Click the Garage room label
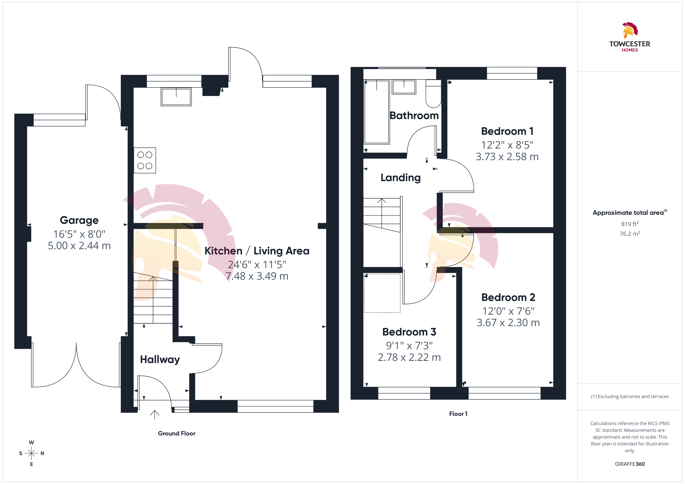[x=79, y=220]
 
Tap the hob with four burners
[x=145, y=160]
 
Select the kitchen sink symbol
[x=176, y=97]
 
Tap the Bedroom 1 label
[x=507, y=131]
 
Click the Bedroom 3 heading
[x=409, y=332]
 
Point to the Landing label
[x=400, y=178]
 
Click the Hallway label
[x=160, y=360]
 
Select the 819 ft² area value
[x=630, y=224]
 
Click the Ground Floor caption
[x=177, y=433]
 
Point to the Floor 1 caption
[x=458, y=414]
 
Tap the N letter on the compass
[x=42, y=453]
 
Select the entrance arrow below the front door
[x=155, y=415]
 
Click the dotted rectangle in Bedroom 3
[x=382, y=293]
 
